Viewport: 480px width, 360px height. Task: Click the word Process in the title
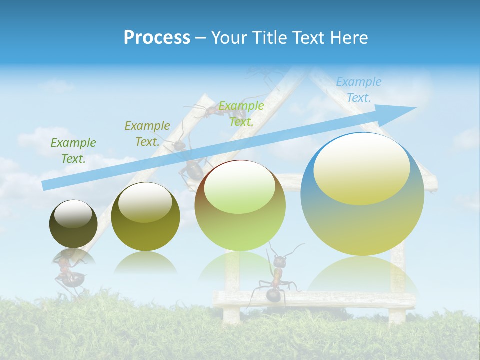click(157, 37)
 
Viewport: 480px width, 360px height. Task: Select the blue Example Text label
click(358, 90)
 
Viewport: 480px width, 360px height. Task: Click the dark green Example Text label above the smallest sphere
click(73, 150)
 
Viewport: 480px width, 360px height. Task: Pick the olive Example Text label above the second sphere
click(147, 133)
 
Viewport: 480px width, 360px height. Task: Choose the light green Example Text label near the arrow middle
click(241, 113)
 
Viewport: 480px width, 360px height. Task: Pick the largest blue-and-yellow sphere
click(362, 220)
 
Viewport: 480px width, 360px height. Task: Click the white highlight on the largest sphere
click(361, 169)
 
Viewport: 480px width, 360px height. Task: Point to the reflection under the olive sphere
click(145, 263)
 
